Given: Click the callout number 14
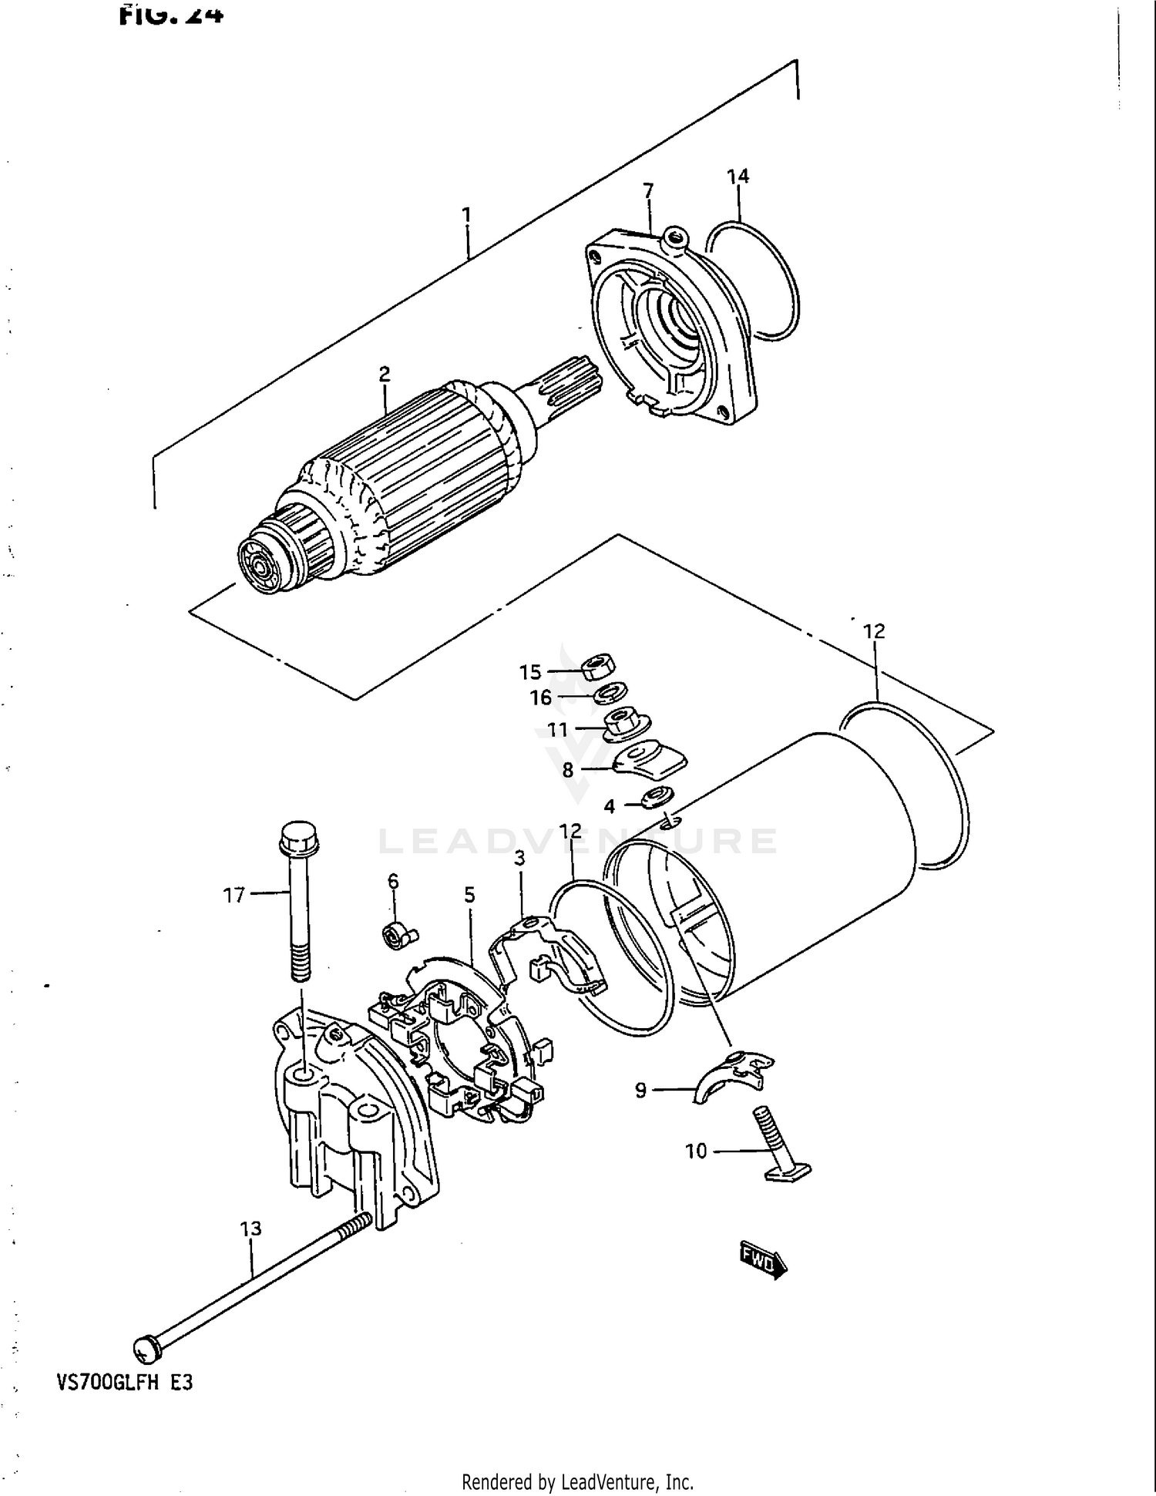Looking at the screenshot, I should pos(738,176).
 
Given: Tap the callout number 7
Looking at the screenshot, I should pos(648,190).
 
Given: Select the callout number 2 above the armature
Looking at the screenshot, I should pos(385,374).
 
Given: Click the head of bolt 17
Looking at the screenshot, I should pos(300,835).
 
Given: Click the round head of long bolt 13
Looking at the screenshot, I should pos(146,1348).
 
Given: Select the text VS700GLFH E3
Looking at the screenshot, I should pos(125,1383).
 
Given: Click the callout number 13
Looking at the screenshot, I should pos(250,1229).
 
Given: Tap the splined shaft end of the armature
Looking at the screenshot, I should pos(570,377).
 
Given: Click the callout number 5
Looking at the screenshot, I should pos(469,896).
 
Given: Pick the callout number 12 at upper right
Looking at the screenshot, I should pos(874,631).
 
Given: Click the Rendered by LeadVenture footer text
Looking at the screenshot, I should pos(577,1482).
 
